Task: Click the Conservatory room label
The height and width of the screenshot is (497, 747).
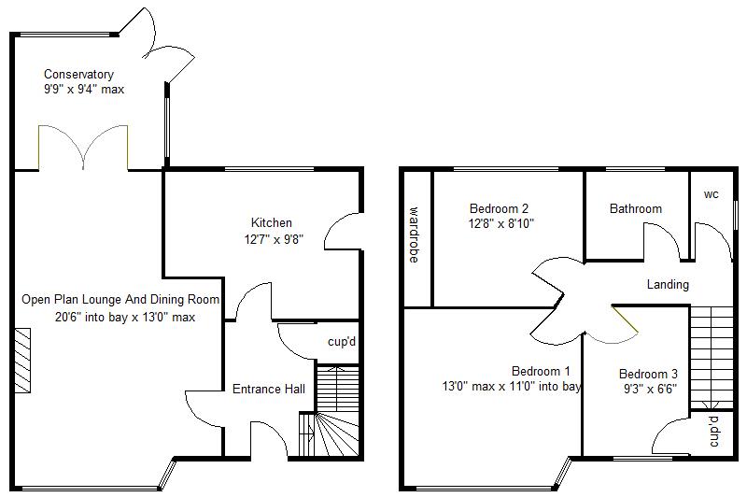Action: [78, 75]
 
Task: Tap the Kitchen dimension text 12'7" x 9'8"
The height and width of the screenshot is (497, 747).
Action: [274, 239]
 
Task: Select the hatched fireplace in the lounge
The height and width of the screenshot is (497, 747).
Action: [22, 361]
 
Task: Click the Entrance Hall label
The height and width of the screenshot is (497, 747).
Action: [269, 390]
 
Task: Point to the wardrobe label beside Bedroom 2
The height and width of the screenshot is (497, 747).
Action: [414, 234]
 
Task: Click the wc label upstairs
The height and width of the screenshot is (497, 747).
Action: [712, 194]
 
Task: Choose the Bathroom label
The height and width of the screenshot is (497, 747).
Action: [636, 208]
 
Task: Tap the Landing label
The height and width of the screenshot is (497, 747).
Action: [668, 285]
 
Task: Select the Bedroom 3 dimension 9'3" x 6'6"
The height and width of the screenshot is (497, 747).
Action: [650, 389]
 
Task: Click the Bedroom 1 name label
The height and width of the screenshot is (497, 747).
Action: [541, 371]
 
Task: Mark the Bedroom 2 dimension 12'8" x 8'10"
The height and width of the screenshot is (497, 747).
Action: [501, 223]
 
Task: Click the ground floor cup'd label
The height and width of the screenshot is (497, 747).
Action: [342, 342]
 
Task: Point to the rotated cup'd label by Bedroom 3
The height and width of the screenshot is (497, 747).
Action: [713, 432]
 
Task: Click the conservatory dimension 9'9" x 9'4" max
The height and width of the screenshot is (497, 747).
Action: [84, 89]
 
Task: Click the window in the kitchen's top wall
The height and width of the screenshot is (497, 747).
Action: [269, 169]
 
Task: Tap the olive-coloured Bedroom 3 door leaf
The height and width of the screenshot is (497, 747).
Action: [625, 319]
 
